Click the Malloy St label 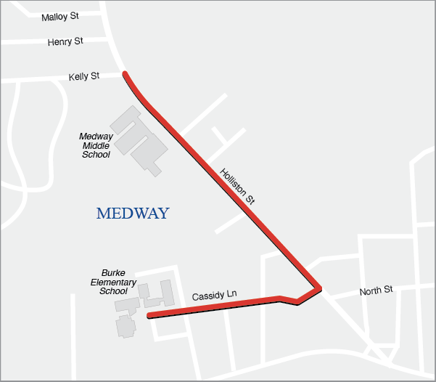60,16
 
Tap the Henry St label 65,42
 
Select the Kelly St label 83,76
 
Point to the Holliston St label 239,187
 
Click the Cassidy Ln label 214,296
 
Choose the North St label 376,290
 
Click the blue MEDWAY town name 133,214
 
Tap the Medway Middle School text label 96,145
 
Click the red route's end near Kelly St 126,74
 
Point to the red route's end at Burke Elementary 149,316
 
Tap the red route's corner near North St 318,287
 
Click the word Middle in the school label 96,145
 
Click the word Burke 113,272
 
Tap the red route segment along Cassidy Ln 218,306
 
